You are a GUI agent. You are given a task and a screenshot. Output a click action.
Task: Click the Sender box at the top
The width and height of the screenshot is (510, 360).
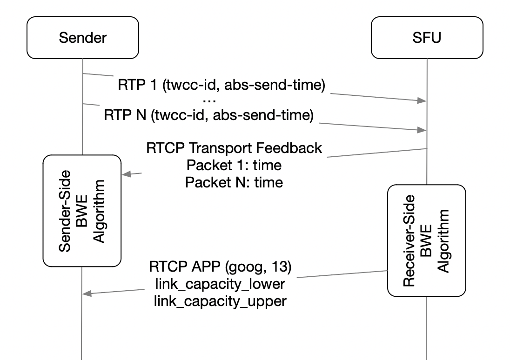click(x=83, y=38)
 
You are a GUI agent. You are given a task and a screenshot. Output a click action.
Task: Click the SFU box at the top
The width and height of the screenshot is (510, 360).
click(x=426, y=38)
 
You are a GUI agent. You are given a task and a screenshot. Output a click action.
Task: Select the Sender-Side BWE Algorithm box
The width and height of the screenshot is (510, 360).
click(x=82, y=211)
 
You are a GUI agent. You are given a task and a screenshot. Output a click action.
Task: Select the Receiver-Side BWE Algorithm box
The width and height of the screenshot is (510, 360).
click(x=426, y=240)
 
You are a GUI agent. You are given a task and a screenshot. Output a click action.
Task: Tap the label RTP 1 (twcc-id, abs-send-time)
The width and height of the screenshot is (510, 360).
click(x=221, y=85)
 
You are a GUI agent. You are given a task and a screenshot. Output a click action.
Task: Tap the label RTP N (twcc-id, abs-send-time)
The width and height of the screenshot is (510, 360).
click(x=208, y=115)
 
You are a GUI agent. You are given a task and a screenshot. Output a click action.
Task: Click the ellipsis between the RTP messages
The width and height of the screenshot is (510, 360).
click(x=210, y=100)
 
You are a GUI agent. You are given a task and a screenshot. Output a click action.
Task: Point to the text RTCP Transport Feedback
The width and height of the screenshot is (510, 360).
click(x=234, y=148)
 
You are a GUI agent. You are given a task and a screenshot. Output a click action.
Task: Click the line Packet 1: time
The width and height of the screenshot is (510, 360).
click(x=234, y=165)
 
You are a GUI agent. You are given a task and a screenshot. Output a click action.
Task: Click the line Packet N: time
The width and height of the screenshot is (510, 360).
click(x=234, y=182)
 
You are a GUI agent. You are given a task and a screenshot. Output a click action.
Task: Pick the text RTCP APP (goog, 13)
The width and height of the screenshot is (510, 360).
click(x=220, y=267)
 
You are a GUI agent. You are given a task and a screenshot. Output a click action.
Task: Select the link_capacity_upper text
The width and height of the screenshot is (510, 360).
click(x=220, y=301)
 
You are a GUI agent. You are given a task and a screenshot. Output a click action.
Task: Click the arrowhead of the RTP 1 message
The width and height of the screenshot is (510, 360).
click(x=423, y=100)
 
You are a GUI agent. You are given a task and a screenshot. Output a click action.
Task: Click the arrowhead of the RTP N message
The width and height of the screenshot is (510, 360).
click(x=423, y=131)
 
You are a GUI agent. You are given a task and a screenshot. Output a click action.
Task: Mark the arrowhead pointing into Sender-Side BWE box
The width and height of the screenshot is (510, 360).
click(x=125, y=174)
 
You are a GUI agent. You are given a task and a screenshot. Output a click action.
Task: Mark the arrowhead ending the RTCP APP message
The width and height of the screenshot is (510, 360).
click(x=87, y=293)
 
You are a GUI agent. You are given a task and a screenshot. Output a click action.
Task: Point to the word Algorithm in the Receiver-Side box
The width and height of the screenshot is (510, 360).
click(x=443, y=240)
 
